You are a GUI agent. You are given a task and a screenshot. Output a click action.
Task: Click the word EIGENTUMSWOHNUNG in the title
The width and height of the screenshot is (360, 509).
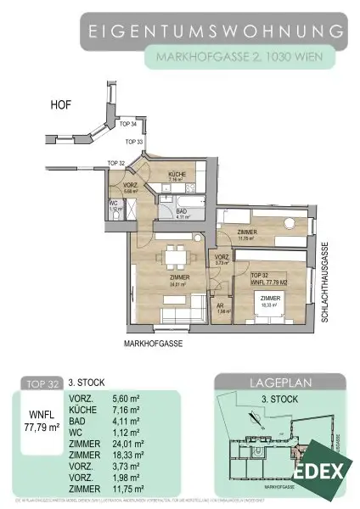point(217,32)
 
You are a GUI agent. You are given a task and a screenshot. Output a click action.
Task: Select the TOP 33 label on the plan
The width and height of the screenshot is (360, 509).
point(133,142)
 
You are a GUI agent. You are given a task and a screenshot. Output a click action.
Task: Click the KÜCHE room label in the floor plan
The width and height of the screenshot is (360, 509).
point(177,173)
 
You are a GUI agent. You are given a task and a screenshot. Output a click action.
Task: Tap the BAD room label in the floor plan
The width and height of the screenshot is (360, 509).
point(181,212)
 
